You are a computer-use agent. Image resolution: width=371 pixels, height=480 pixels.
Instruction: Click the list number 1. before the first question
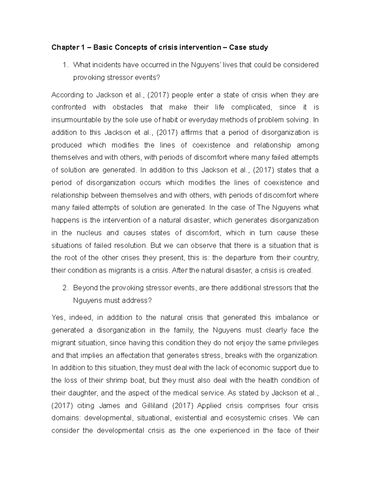[x=65, y=65]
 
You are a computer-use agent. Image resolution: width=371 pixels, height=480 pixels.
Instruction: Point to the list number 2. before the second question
[x=65, y=288]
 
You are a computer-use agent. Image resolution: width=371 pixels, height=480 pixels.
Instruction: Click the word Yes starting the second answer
[x=58, y=317]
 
